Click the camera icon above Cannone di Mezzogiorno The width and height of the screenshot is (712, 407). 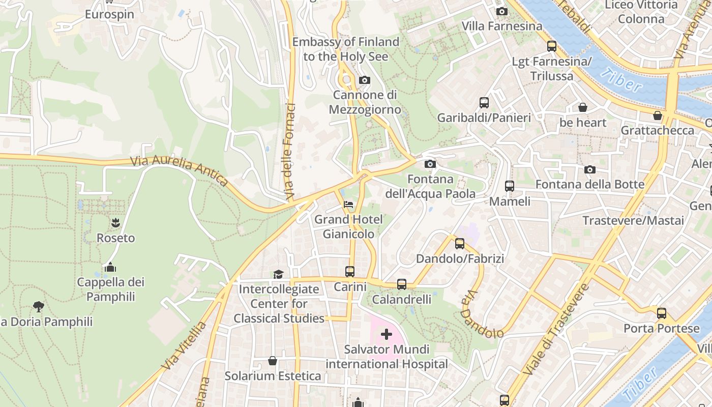tap(364, 80)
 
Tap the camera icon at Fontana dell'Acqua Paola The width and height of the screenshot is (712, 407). tap(430, 164)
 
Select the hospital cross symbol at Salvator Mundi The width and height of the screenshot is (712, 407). tap(387, 334)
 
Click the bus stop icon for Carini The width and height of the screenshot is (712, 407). tap(350, 271)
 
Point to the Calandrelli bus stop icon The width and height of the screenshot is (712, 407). tap(402, 284)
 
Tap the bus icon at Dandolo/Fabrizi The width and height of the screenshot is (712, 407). tap(460, 243)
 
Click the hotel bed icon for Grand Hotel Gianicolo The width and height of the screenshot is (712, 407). tap(348, 205)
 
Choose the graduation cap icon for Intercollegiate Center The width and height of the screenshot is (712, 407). tap(278, 274)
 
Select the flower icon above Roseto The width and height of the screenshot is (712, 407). tap(115, 222)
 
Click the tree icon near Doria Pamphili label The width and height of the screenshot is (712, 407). tap(38, 306)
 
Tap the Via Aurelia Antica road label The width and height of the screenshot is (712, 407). tap(179, 170)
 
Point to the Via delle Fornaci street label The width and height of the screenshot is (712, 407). tap(290, 151)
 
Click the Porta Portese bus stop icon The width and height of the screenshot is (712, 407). tap(661, 313)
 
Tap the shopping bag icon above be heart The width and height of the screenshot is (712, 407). tap(583, 107)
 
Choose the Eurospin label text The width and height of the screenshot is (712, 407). tap(109, 14)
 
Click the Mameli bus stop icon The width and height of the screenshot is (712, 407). tap(510, 186)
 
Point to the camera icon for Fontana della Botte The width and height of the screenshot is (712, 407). tap(590, 169)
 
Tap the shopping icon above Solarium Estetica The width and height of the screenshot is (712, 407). tap(273, 361)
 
